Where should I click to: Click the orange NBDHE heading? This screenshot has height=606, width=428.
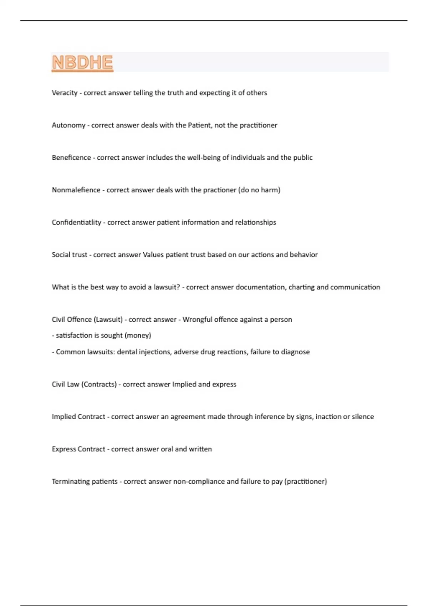click(82, 63)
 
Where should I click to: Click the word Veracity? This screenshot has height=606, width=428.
click(65, 93)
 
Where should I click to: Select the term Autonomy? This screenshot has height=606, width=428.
click(68, 125)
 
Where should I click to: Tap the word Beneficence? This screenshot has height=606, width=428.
click(71, 158)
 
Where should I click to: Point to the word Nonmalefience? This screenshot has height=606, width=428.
click(76, 190)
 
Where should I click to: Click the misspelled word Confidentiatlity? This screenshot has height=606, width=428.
click(76, 222)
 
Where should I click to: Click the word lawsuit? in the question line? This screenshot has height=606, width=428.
click(167, 287)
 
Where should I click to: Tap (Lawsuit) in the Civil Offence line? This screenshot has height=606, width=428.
click(108, 320)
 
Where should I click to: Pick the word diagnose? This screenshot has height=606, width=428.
click(295, 352)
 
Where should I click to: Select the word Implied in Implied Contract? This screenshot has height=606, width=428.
click(63, 417)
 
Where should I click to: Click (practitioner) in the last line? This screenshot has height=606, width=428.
click(306, 482)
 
